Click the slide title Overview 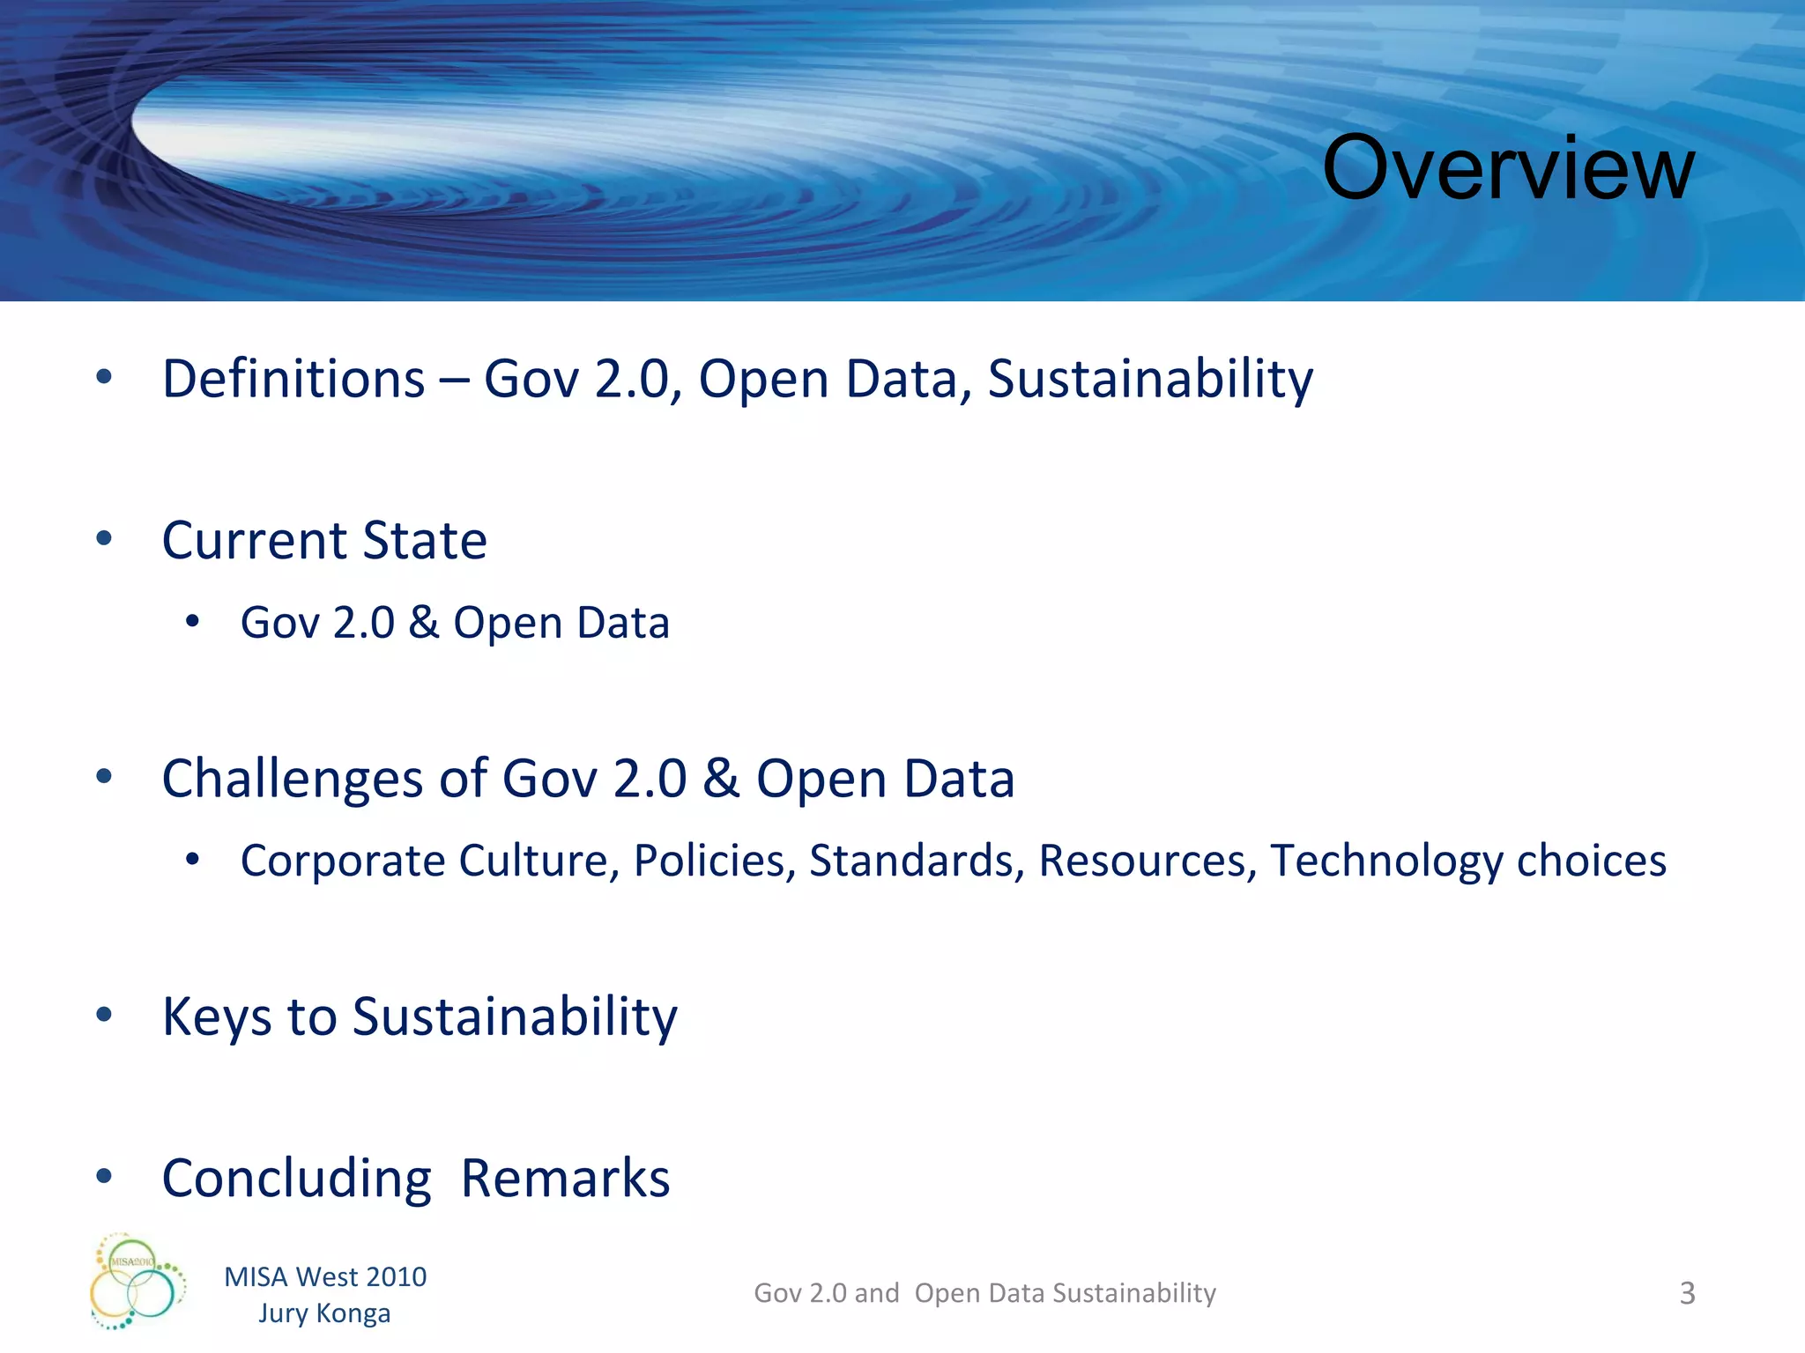pos(1507,167)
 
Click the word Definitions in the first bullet pos(293,379)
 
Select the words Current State pos(324,540)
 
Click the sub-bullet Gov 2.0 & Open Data pos(455,623)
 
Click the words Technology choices pos(1467,861)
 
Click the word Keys pos(217,1017)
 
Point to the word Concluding pos(296,1179)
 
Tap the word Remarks pos(565,1179)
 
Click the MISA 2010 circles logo pos(137,1282)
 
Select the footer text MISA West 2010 pos(325,1276)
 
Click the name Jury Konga pos(324,1312)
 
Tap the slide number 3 pos(1687,1293)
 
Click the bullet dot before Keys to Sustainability pos(104,1015)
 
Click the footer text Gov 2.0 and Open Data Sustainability pos(984,1293)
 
